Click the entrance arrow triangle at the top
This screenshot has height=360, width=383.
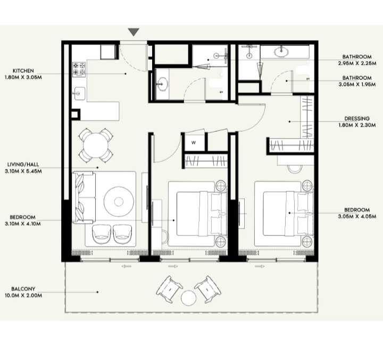134,32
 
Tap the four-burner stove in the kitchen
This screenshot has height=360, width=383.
79,68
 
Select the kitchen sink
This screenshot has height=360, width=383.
78,93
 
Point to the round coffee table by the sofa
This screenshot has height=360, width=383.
118,201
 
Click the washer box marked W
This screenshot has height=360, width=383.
194,142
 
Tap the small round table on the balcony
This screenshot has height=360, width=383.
189,298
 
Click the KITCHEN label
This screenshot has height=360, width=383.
24,71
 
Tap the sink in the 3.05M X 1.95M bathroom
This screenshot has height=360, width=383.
282,52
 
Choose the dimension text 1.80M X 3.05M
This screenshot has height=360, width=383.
23,77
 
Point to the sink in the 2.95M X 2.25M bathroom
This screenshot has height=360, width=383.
163,84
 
